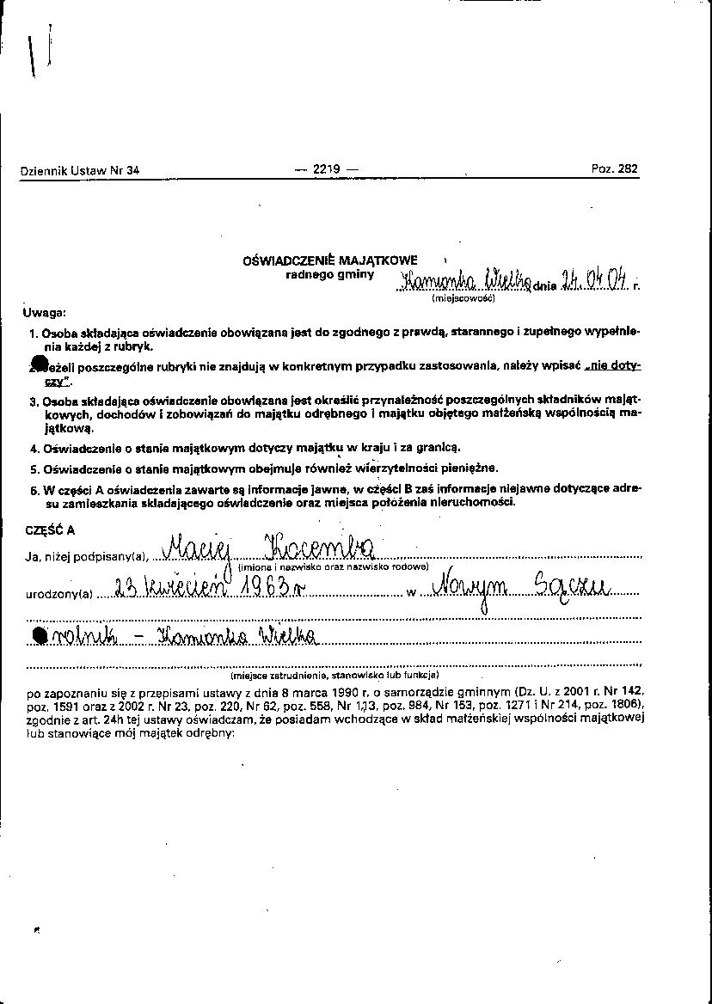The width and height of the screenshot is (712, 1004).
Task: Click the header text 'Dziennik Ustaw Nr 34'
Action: (x=79, y=170)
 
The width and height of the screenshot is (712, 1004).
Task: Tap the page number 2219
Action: (x=327, y=169)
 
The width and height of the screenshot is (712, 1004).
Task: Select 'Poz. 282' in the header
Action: (x=615, y=169)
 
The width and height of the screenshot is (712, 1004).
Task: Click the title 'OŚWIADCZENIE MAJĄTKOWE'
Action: (x=331, y=260)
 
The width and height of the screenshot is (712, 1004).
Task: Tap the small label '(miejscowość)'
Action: (x=463, y=298)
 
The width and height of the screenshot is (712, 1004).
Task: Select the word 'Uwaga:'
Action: (x=45, y=313)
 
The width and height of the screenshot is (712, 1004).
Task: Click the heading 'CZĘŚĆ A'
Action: (x=50, y=530)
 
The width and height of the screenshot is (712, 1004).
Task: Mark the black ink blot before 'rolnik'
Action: (x=40, y=635)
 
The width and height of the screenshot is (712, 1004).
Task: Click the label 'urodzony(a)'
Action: (x=58, y=593)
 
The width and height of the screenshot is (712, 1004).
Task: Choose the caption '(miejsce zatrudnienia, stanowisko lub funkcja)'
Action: (x=335, y=675)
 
